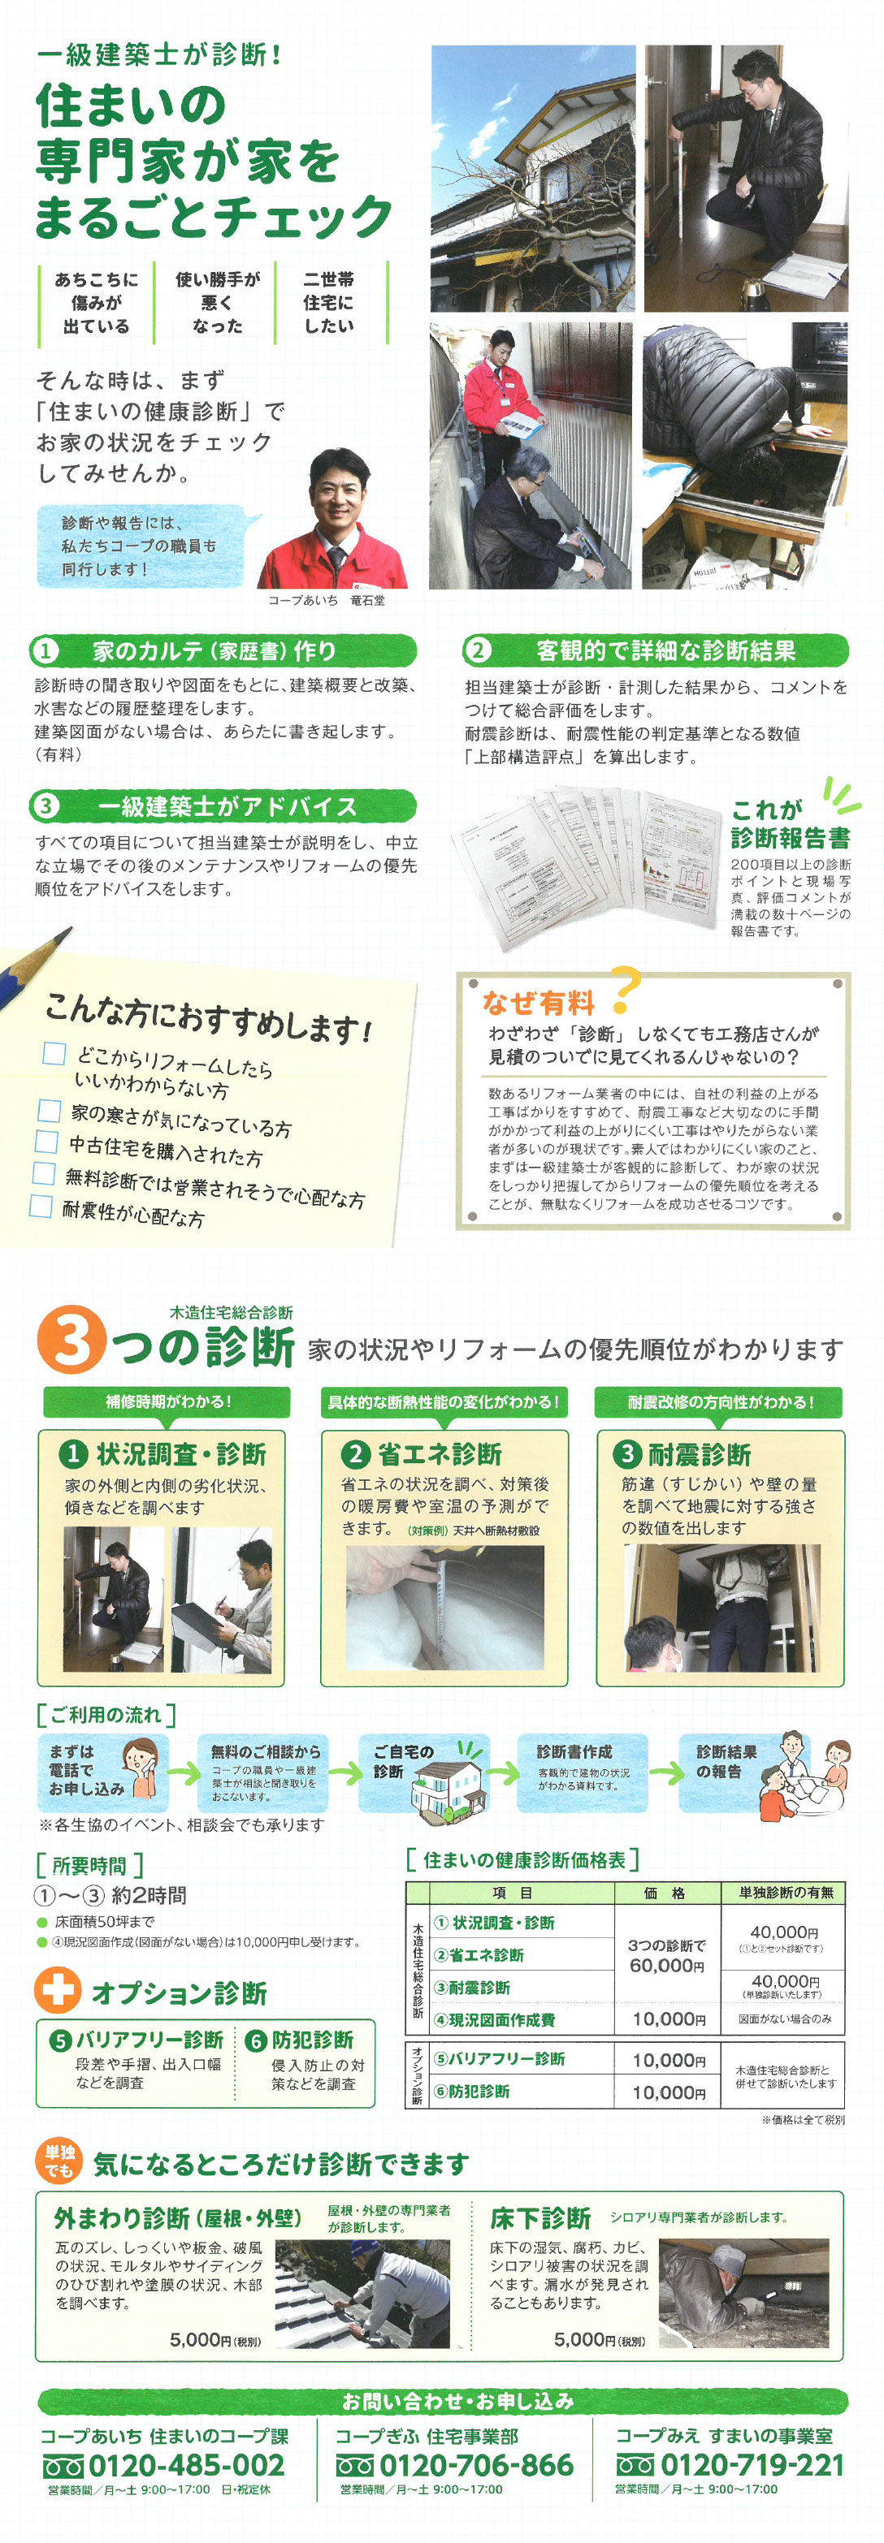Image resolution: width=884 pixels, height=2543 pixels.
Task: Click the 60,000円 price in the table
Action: [x=667, y=1967]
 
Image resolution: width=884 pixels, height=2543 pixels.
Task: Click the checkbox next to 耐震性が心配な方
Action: [x=41, y=1206]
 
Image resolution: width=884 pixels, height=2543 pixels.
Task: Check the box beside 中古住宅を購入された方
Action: [x=46, y=1142]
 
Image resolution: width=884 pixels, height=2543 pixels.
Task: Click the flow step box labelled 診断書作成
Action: [x=583, y=1771]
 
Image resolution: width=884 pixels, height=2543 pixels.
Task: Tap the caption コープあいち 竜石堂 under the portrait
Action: [x=327, y=600]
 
